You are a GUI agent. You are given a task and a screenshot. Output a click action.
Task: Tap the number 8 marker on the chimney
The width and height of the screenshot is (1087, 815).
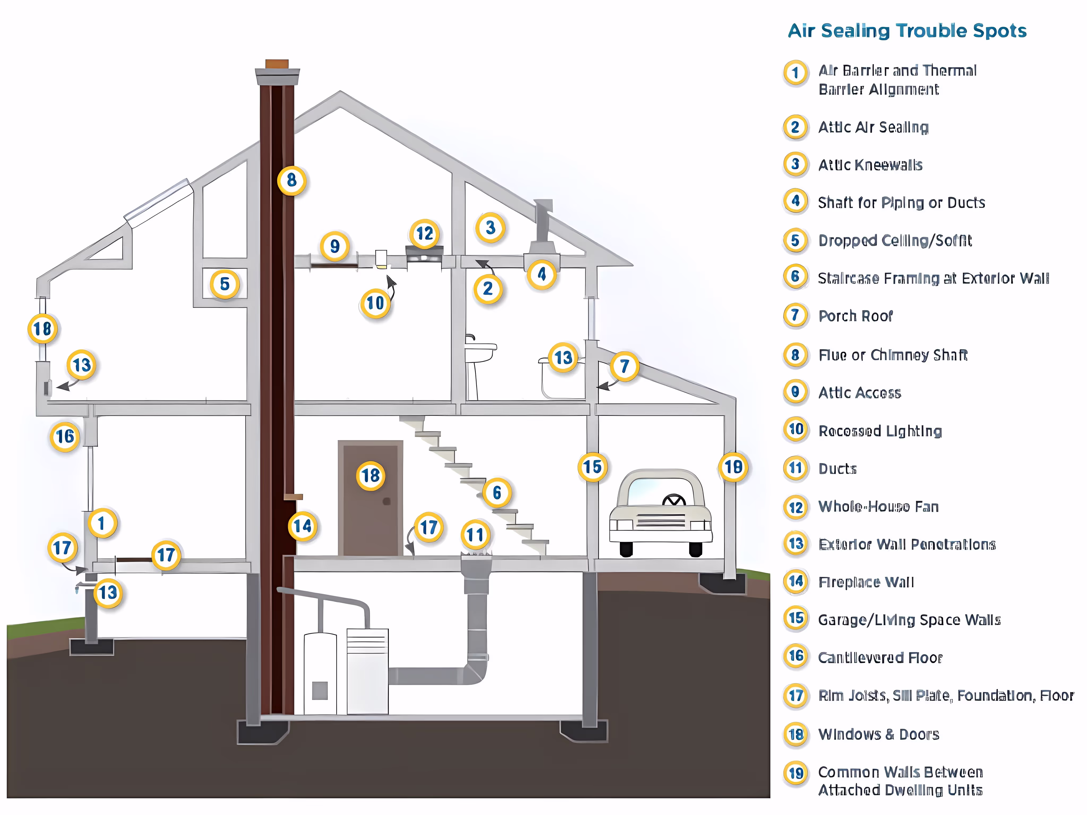291,180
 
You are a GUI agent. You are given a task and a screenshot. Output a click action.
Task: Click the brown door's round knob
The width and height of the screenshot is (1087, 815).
387,501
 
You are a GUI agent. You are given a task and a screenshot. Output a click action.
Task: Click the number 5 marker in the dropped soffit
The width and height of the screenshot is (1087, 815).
225,284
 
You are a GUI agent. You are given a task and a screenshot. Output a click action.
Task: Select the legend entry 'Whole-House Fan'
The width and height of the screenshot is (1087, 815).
878,507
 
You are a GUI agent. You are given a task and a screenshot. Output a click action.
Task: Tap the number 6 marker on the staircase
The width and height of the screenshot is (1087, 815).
497,492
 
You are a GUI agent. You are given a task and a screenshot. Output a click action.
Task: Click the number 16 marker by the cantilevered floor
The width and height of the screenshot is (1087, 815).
65,436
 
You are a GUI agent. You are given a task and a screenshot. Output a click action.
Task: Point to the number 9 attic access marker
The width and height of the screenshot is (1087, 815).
335,246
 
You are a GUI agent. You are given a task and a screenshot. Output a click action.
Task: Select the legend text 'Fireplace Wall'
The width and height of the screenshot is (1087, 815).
866,582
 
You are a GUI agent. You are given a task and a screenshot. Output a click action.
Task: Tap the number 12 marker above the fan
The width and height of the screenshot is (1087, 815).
425,233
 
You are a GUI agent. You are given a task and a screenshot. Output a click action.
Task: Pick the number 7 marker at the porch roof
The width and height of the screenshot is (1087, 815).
624,366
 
